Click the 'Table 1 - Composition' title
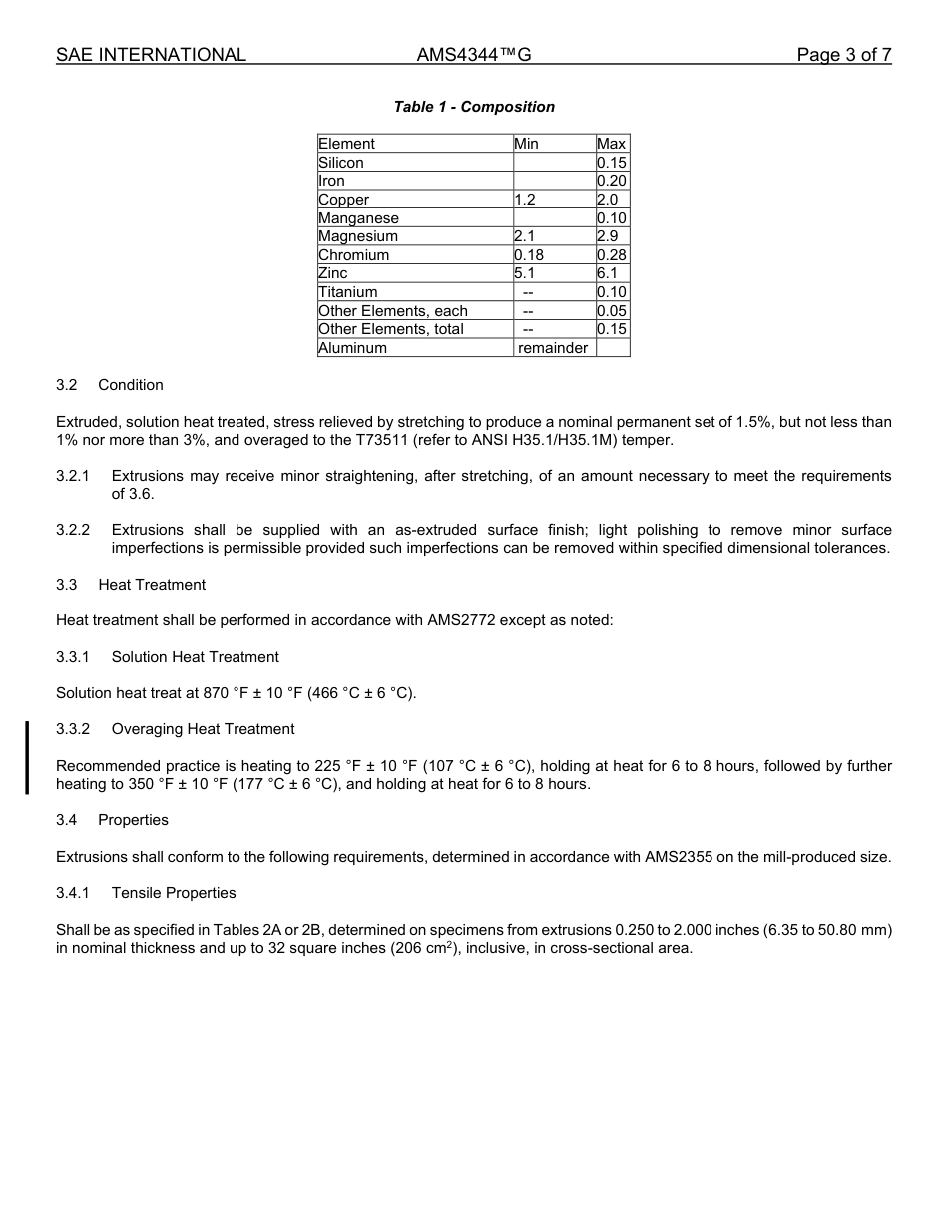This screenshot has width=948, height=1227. [474, 107]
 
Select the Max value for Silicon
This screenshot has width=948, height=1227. [611, 163]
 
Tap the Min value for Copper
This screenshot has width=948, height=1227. [525, 200]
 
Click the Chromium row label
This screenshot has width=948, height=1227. [354, 255]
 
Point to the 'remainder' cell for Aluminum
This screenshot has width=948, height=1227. [553, 348]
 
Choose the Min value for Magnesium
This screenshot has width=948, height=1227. [525, 236]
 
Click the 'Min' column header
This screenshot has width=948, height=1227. [526, 144]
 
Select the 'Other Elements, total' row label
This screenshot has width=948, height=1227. [391, 329]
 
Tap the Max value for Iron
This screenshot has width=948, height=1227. [611, 181]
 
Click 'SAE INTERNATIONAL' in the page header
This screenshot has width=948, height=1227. [151, 55]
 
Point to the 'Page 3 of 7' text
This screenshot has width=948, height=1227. [843, 55]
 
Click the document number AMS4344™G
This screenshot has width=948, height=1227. [474, 55]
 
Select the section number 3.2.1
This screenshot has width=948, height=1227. [73, 476]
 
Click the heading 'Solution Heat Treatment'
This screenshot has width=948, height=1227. [196, 657]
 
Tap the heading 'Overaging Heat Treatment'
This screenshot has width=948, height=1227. [204, 729]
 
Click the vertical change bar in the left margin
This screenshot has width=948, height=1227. [27, 757]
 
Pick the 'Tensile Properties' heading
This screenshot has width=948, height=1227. [174, 893]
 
